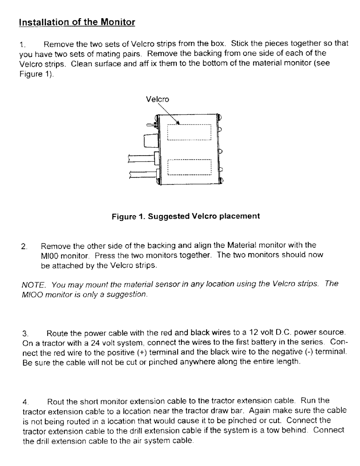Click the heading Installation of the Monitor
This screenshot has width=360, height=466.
click(77, 22)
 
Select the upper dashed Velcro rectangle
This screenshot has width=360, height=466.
click(189, 132)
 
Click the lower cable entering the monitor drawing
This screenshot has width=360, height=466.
click(140, 175)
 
